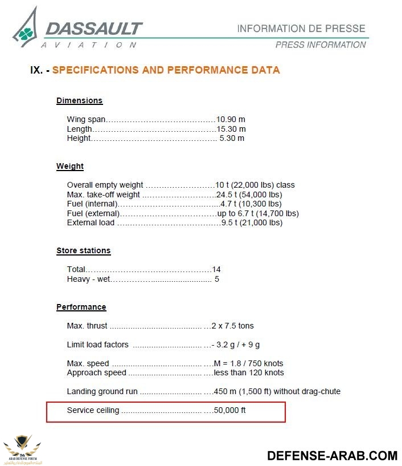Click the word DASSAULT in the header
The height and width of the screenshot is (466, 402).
coord(93,29)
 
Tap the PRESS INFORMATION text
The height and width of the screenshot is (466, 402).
coord(321,44)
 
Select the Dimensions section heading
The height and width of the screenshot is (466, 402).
coord(79,100)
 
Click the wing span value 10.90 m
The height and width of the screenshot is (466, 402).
coord(231,120)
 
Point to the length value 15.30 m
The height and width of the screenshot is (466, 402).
coord(231,129)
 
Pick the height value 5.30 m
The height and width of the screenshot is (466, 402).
coord(232,138)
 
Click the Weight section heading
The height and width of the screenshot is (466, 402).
coord(70,167)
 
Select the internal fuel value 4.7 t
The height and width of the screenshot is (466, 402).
coord(251,204)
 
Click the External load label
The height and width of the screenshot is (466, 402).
coord(91,222)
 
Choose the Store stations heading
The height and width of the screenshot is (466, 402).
coord(83,251)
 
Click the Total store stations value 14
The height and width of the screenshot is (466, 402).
coord(216,269)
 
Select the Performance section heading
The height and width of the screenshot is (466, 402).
coord(81,307)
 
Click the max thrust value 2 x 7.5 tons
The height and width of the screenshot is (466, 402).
coord(232,326)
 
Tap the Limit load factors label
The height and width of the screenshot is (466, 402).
coord(97,345)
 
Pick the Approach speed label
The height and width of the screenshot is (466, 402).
coord(96,372)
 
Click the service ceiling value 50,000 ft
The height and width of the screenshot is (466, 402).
coord(229,410)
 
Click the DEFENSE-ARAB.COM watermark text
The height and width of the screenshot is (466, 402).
coord(332,455)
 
